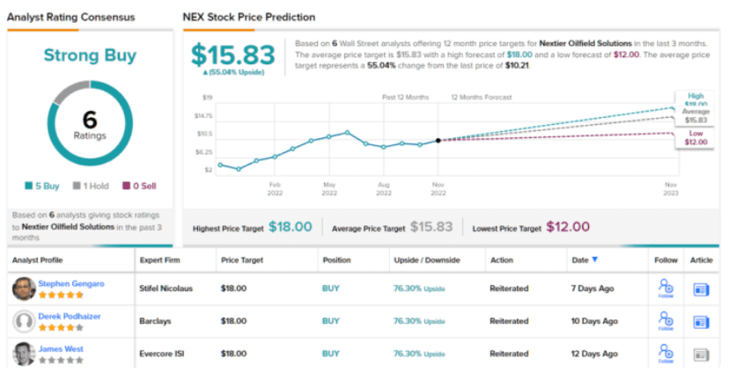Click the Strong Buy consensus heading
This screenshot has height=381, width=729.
tap(91, 55)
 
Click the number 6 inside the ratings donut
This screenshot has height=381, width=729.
tap(90, 121)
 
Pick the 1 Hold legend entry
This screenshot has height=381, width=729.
tap(91, 186)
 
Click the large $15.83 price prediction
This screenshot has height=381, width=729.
tap(232, 55)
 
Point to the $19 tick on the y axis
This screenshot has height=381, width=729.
tap(208, 97)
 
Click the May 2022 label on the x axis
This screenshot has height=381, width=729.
tap(329, 188)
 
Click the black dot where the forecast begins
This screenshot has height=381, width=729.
tap(438, 140)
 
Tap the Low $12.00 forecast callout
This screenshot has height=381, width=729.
tap(695, 136)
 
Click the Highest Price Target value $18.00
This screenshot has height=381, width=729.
tap(290, 227)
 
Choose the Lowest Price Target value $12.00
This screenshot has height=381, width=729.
tap(568, 227)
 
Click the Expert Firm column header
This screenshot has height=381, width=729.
tap(161, 260)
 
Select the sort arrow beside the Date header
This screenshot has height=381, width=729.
tap(594, 260)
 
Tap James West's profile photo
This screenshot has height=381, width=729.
tap(25, 354)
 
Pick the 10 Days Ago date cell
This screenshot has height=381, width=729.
tap(596, 321)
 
